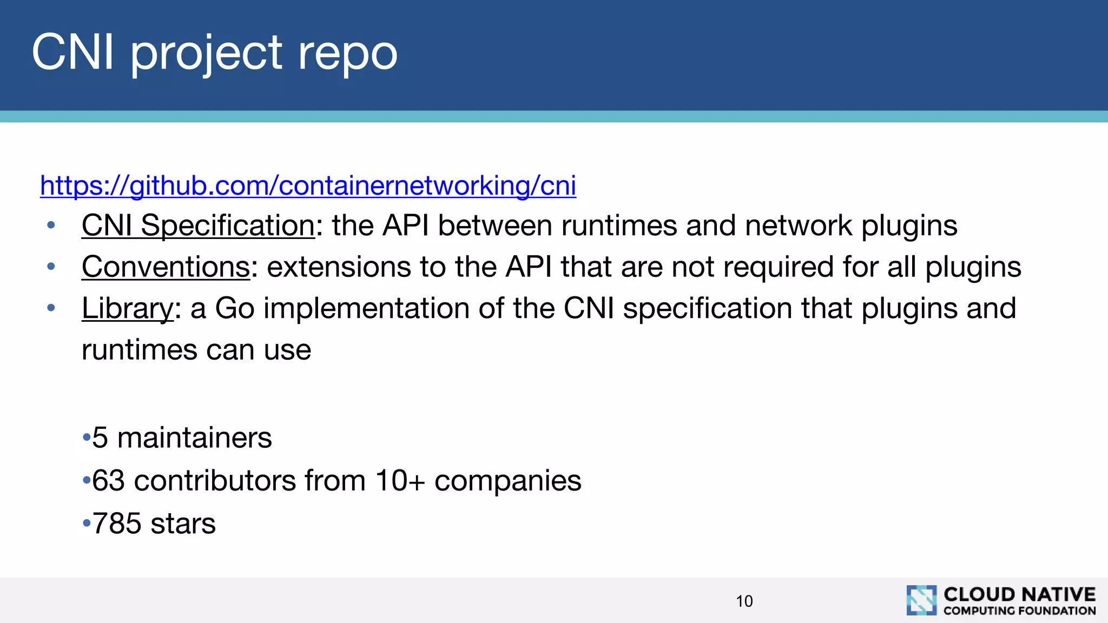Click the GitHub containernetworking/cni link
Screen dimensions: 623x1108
(x=308, y=186)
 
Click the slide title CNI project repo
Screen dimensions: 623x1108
(x=214, y=52)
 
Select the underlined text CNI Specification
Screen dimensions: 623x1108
(x=198, y=226)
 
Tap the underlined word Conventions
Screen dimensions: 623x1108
(x=166, y=267)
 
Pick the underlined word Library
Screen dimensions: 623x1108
(x=128, y=309)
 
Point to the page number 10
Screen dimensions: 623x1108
(x=744, y=601)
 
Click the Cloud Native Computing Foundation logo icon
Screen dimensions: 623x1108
(x=921, y=600)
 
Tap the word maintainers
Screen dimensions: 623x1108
(x=195, y=438)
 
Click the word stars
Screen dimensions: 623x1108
(x=183, y=523)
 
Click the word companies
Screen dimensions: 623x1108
(x=507, y=481)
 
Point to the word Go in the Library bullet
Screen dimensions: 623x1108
(x=235, y=309)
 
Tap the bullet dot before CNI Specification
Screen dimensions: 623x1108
(x=51, y=225)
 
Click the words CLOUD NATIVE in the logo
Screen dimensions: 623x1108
(x=1019, y=594)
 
